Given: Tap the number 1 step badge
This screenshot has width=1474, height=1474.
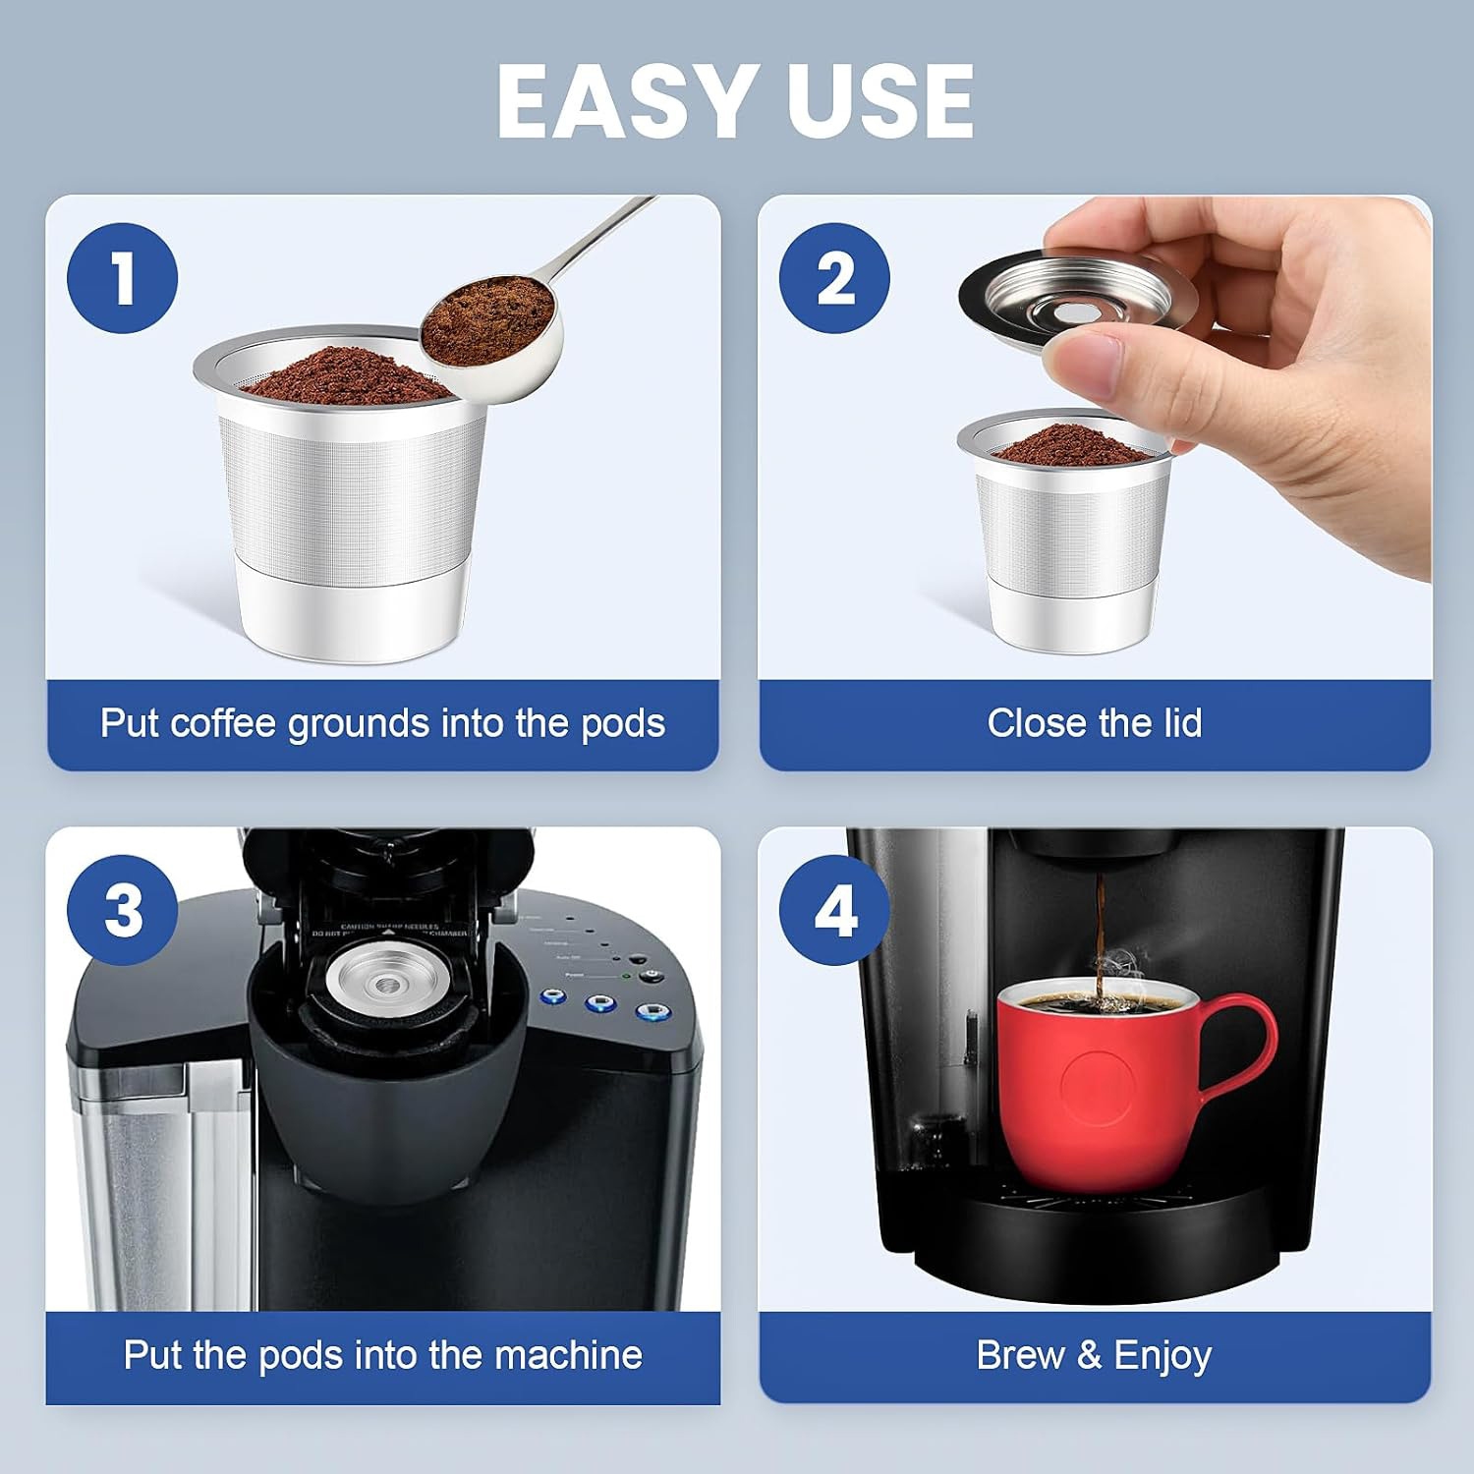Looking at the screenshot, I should tap(123, 278).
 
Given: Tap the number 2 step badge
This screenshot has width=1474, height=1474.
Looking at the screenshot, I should tap(834, 278).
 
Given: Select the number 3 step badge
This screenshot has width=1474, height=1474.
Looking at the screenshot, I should tap(123, 910).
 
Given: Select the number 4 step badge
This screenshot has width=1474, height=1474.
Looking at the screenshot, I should tap(834, 910).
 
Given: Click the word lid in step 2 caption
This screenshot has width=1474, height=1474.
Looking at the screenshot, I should tap(1174, 723).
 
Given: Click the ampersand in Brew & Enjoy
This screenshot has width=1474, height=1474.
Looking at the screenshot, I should tap(1089, 1355).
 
